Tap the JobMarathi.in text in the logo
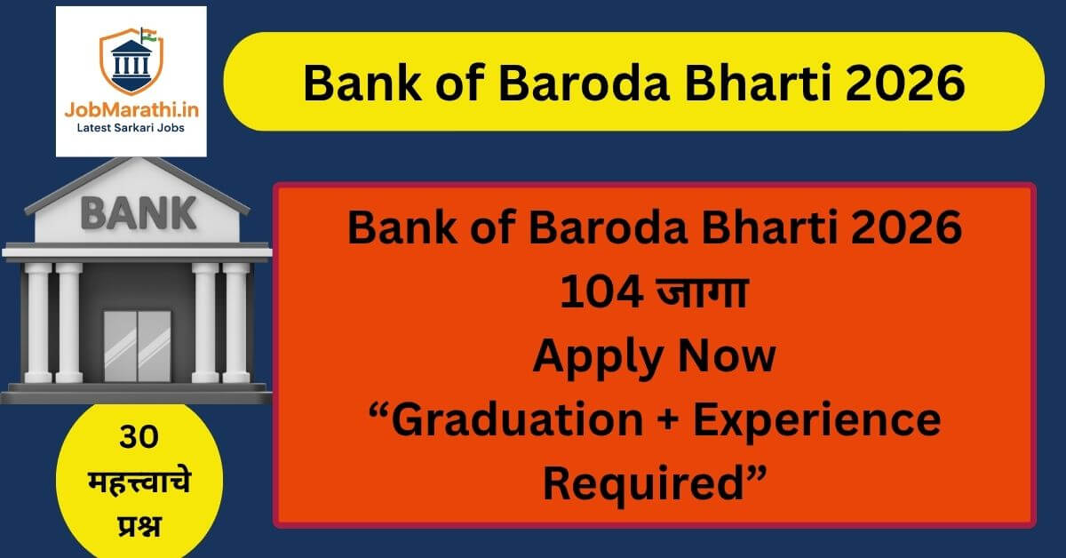click(130, 111)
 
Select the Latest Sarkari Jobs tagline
click(130, 131)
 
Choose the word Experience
click(816, 420)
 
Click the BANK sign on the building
click(138, 213)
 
